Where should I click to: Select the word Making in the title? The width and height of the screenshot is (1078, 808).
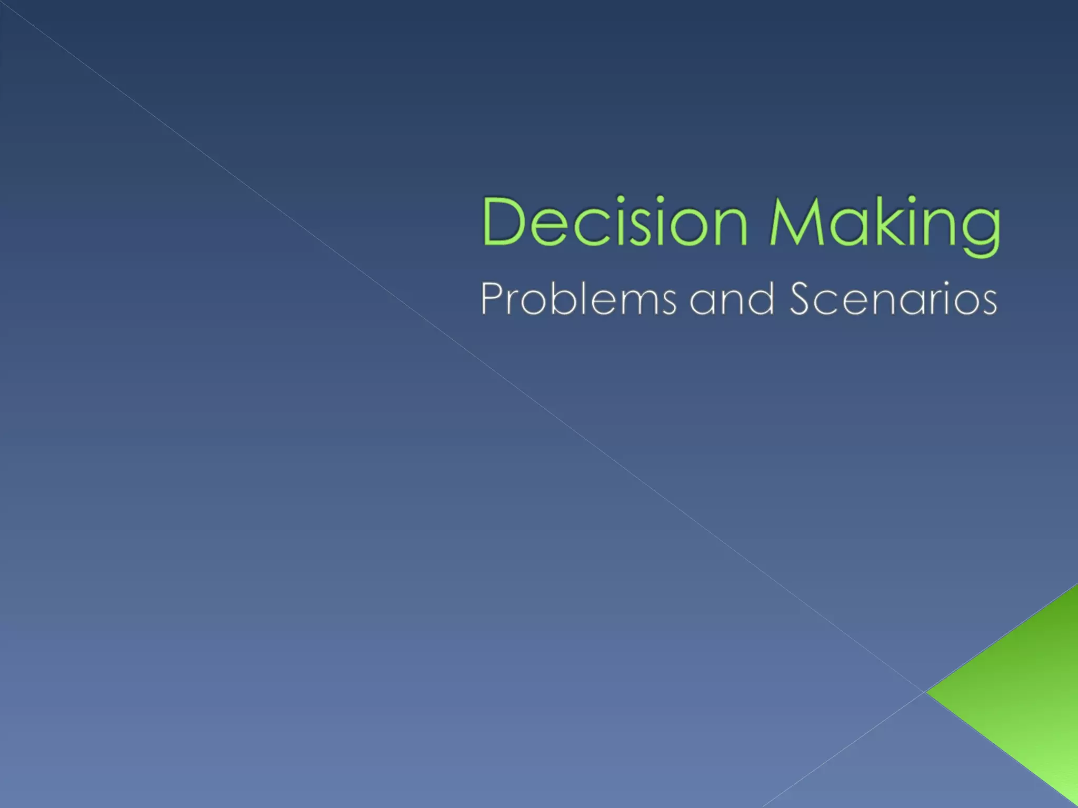(884, 224)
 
